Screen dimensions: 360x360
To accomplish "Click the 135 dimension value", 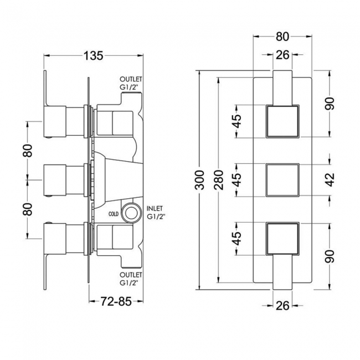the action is tap(94, 56).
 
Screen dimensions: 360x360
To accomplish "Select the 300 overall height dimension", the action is tap(199, 180).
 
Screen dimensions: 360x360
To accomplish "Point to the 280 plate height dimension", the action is tap(219, 180).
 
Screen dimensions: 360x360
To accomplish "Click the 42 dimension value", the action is tap(330, 180).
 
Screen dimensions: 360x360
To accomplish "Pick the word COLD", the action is tap(114, 214).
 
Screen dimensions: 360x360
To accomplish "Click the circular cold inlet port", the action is tap(130, 212).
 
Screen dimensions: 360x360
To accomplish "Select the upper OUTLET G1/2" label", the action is tap(131, 84).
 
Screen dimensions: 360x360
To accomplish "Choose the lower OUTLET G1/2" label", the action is tap(131, 279).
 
